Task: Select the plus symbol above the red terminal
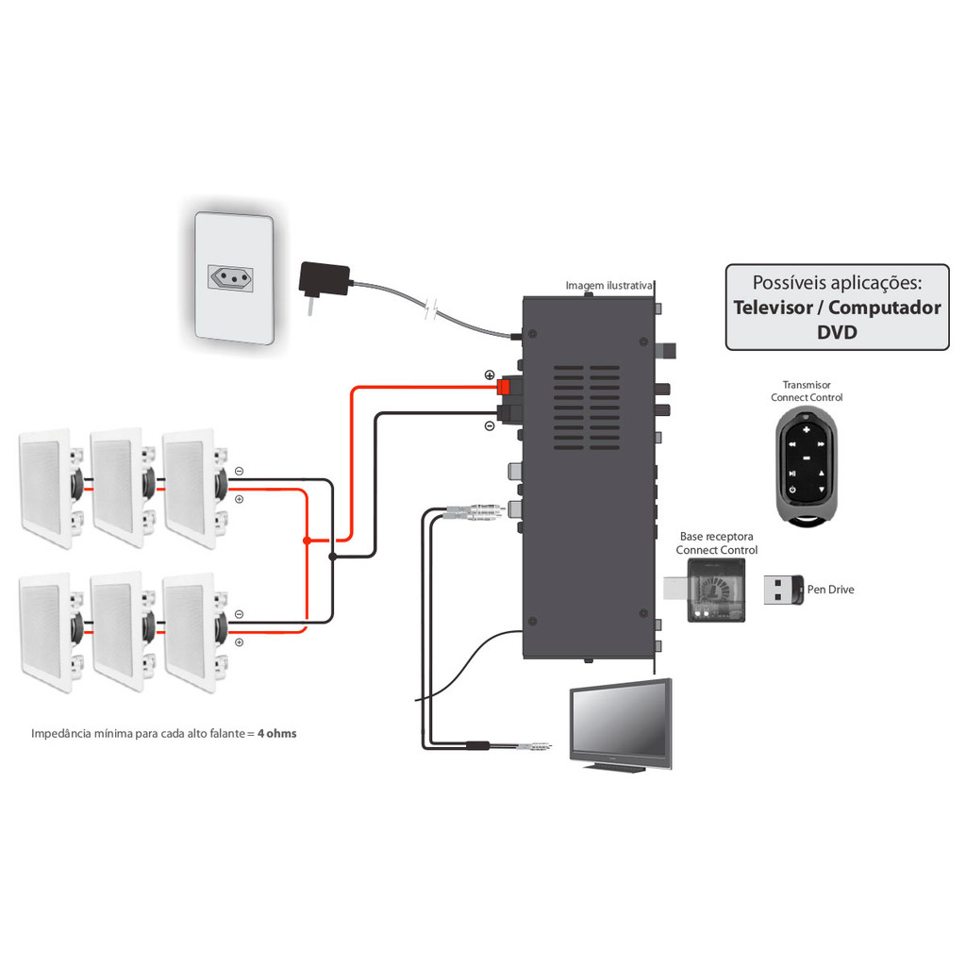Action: pos(489,375)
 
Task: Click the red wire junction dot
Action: pos(307,541)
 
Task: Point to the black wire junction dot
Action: pos(332,557)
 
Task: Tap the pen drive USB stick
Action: pos(782,590)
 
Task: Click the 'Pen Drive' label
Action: pos(830,590)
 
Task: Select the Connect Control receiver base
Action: pos(713,591)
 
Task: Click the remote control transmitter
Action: pos(806,465)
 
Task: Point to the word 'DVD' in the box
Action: pos(837,331)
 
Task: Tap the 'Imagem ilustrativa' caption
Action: pos(609,285)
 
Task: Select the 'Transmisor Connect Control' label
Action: pos(806,391)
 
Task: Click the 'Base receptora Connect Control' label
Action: pos(717,543)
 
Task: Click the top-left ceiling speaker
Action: pos(45,488)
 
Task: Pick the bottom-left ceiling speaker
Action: pos(45,632)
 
